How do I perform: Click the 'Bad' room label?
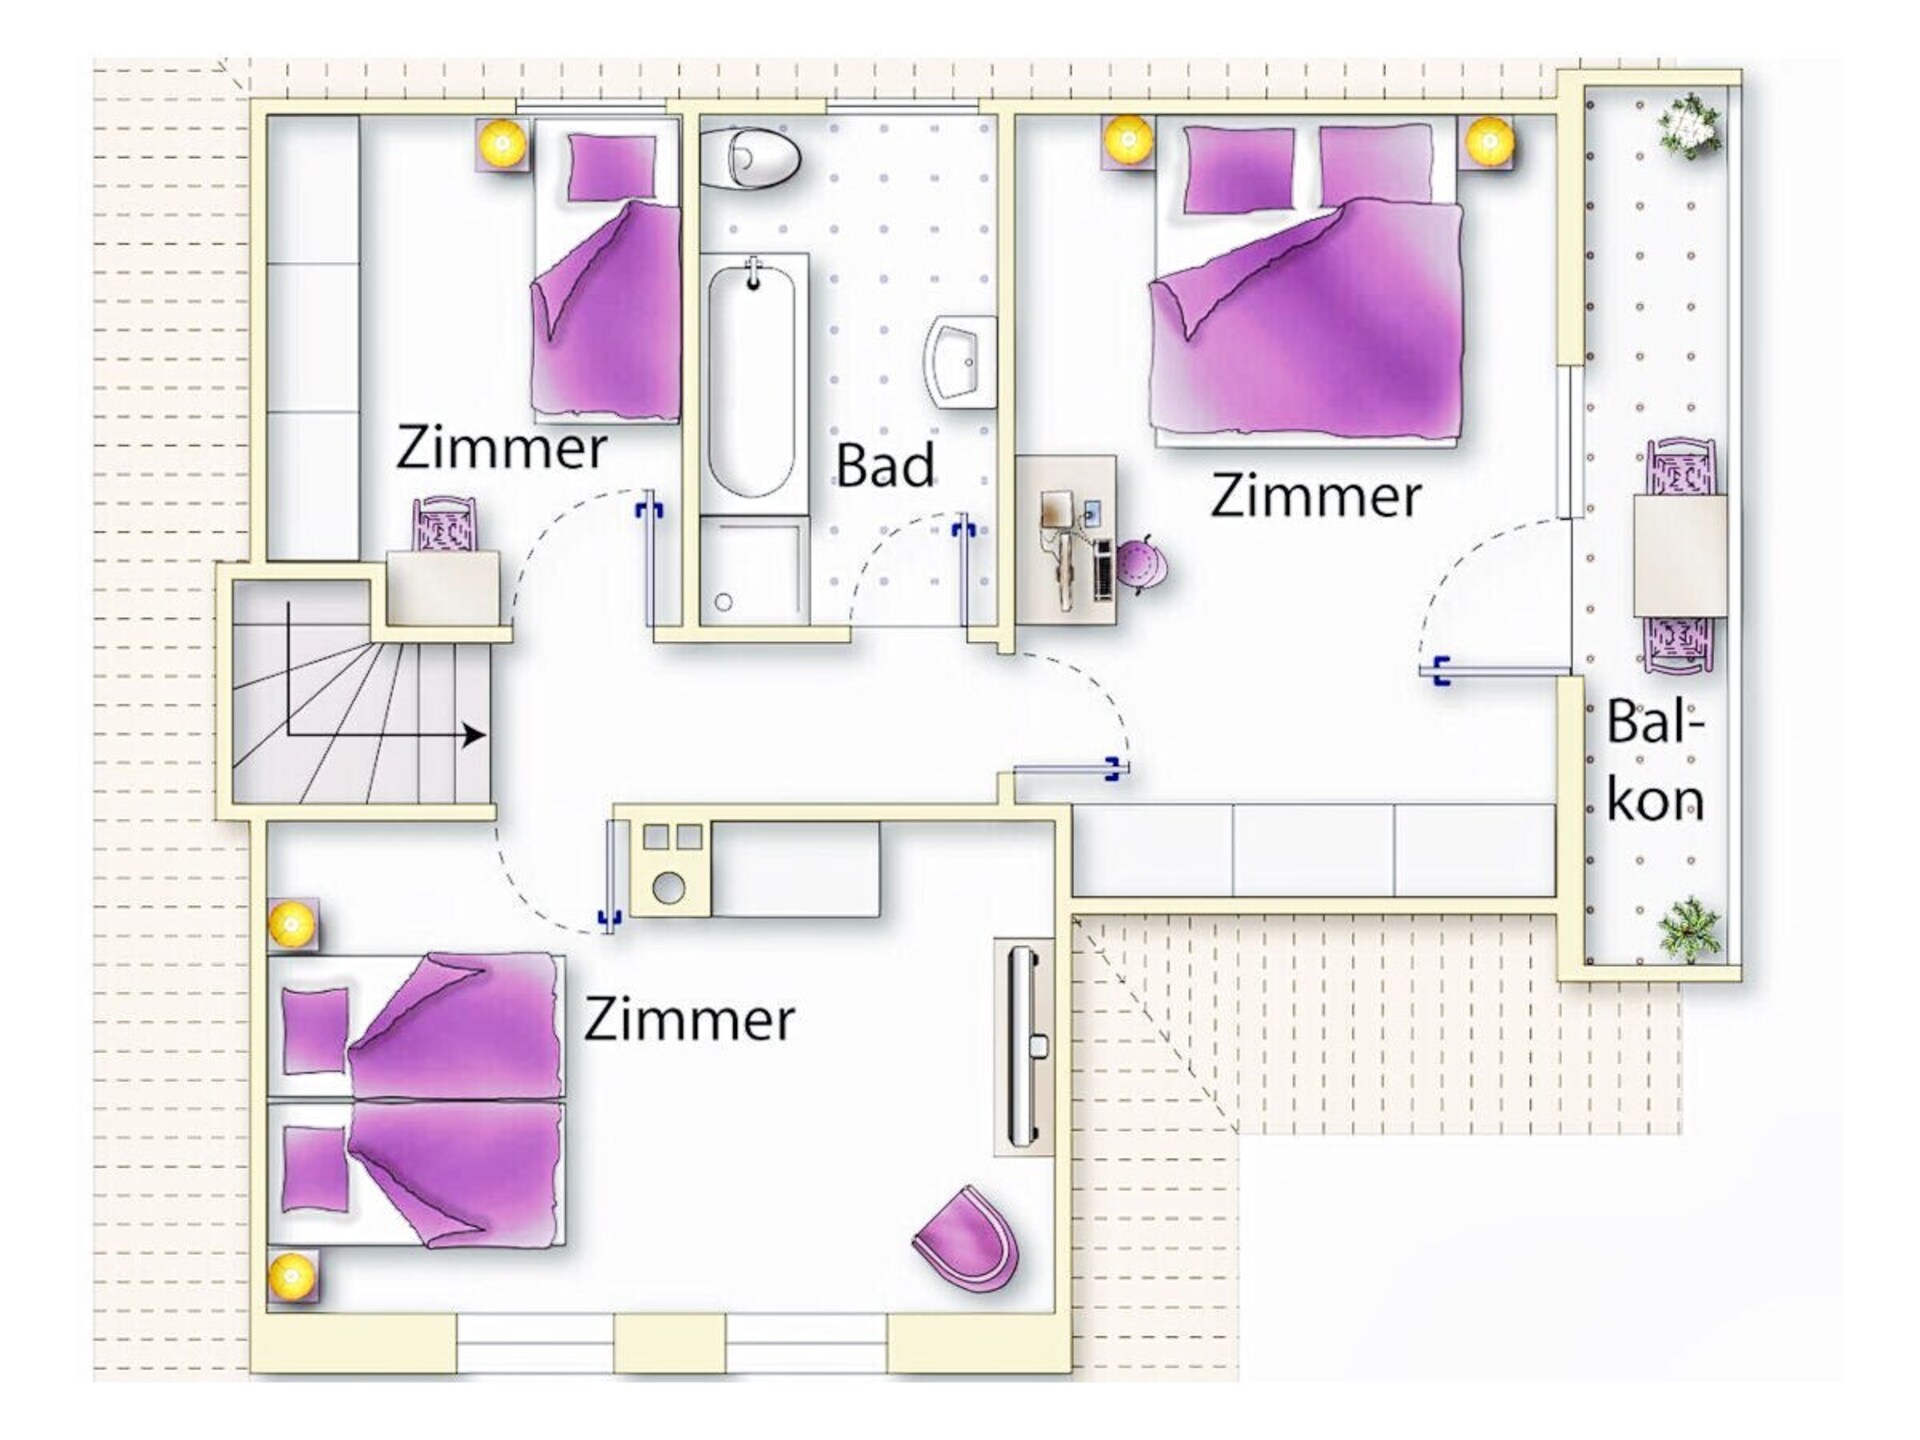click(x=885, y=465)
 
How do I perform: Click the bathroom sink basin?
click(x=961, y=362)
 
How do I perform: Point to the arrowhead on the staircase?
click(x=474, y=735)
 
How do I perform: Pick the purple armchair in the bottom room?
click(x=965, y=1237)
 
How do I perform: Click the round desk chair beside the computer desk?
click(x=1140, y=564)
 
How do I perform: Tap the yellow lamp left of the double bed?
click(x=1129, y=140)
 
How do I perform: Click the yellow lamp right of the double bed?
click(x=1488, y=140)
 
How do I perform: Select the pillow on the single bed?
click(x=612, y=167)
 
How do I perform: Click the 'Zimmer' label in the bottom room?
click(x=689, y=1020)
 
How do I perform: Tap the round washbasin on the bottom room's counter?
click(x=669, y=886)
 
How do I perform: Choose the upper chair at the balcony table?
click(x=1680, y=468)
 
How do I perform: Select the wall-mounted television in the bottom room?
click(x=1024, y=1046)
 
